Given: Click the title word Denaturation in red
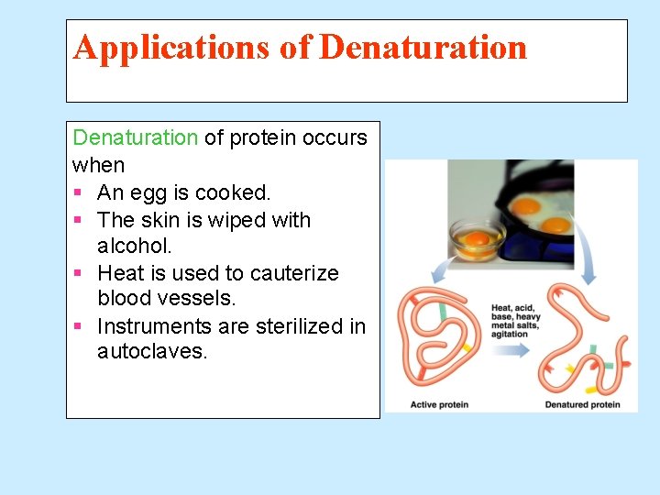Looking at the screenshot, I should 423,47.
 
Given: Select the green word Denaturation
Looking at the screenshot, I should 135,137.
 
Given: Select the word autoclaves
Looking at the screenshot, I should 151,352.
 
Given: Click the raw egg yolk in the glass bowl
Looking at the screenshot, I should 477,239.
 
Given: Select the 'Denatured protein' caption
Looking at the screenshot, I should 582,404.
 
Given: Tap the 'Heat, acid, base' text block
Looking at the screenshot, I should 515,321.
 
